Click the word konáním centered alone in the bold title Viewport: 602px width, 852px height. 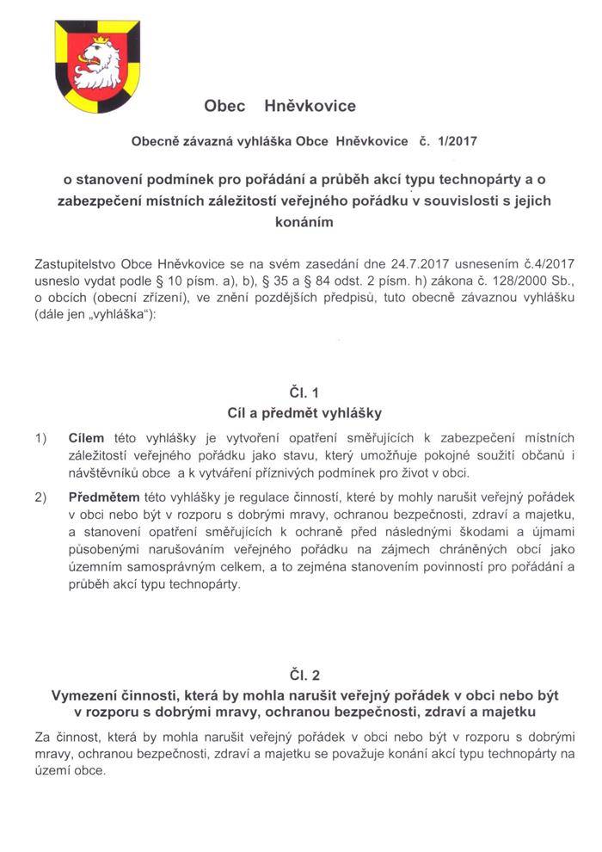click(300, 221)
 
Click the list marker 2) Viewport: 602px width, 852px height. click(40, 497)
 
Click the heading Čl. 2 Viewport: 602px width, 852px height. click(300, 675)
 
